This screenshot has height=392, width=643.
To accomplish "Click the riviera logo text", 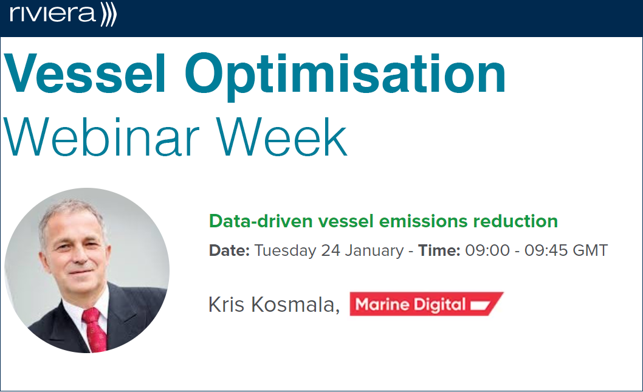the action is [x=52, y=14].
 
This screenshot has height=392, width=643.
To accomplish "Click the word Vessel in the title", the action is [x=85, y=74].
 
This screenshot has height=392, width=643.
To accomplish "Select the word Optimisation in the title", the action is [x=346, y=77].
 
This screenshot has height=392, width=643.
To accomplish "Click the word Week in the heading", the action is [x=282, y=137].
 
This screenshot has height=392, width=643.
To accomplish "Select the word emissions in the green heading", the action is [x=423, y=221].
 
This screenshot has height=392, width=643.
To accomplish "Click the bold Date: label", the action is [x=229, y=250].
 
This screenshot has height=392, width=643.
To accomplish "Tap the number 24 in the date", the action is [x=331, y=250].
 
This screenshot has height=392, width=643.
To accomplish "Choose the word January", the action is [x=374, y=251].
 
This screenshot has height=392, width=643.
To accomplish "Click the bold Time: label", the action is [x=439, y=250].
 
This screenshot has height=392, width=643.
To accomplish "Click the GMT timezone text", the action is [x=590, y=250].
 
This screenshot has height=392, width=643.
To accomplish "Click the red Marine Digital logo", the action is [x=427, y=304].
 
